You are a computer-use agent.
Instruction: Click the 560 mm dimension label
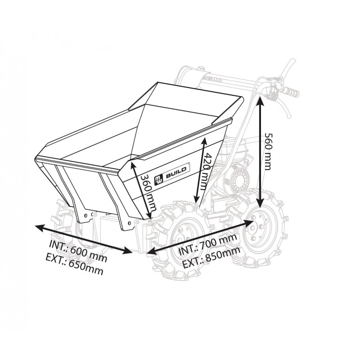click(268, 151)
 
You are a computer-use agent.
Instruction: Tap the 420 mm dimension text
click(204, 171)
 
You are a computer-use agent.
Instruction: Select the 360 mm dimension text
click(148, 193)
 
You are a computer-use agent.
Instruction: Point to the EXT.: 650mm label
click(74, 264)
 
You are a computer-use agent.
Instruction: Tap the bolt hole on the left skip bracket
click(86, 216)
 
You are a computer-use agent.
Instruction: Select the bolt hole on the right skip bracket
click(129, 222)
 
